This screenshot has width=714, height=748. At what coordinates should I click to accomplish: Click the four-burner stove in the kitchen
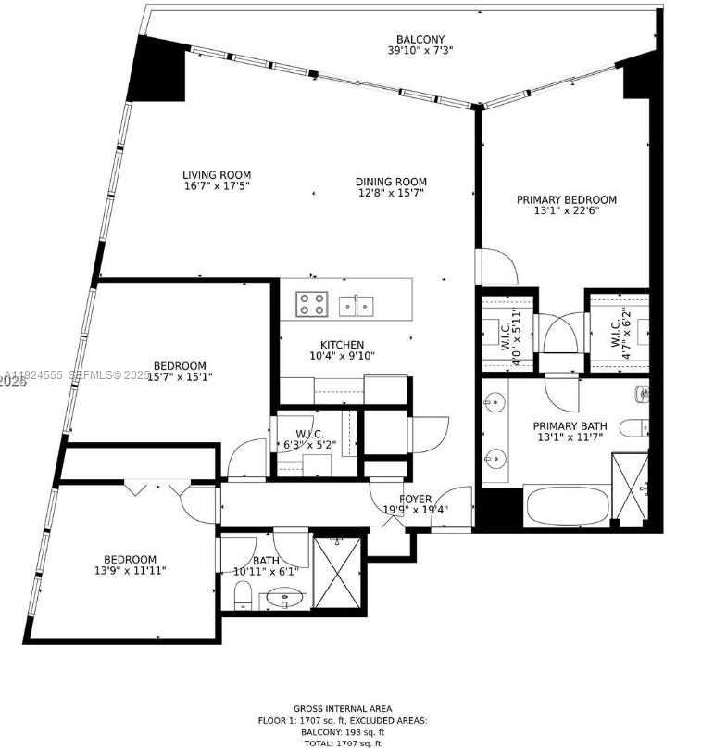[x=311, y=303]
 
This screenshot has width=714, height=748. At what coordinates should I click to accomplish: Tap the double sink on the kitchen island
[x=356, y=304]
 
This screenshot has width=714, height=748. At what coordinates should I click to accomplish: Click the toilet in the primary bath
[x=635, y=428]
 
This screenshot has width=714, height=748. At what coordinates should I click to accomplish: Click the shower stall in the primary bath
[x=630, y=488]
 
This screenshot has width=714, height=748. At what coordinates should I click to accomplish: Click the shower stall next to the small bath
[x=339, y=572]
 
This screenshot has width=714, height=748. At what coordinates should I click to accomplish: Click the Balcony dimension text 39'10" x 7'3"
[x=420, y=51]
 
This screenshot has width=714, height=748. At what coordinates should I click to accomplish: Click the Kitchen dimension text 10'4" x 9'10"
[x=342, y=356]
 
